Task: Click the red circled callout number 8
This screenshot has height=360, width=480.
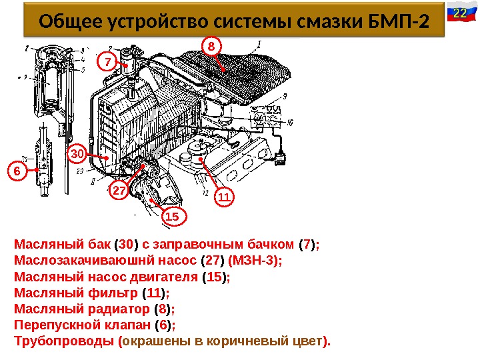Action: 211,46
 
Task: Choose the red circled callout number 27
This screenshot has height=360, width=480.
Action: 119,191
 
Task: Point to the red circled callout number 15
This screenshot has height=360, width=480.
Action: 172,217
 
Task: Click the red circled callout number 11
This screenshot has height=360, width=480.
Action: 223,198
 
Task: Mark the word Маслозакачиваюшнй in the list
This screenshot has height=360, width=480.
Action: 78,260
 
